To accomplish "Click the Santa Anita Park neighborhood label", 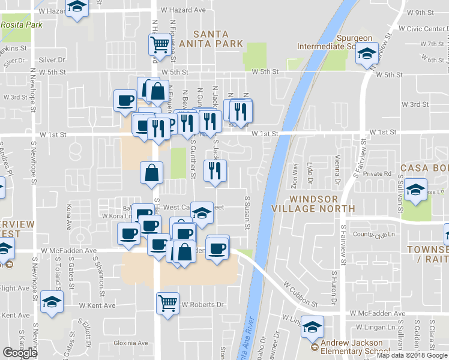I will tap(218, 37).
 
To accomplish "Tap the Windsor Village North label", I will tap(321, 203).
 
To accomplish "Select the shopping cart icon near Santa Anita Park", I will tap(160, 44).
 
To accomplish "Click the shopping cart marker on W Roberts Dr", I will tap(167, 302).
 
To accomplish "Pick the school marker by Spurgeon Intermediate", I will tap(365, 55).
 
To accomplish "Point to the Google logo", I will tap(20, 352).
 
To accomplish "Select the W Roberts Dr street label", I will tap(202, 305).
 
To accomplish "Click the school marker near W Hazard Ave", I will tap(77, 7).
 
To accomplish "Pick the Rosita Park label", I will tap(22, 25).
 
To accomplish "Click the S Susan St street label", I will tap(247, 213).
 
